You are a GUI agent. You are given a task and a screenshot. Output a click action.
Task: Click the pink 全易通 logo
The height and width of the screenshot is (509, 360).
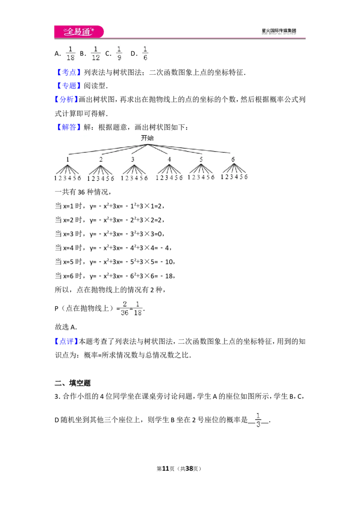click(79, 31)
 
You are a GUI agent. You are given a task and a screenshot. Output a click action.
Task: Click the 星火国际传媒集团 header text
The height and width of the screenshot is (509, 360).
click(279, 31)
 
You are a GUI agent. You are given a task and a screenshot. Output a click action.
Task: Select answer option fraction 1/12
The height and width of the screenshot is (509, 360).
click(95, 53)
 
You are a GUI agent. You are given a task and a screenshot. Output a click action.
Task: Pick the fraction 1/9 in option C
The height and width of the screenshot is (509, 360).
click(119, 53)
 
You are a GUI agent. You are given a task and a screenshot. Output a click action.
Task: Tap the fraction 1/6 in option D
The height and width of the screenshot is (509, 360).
click(145, 53)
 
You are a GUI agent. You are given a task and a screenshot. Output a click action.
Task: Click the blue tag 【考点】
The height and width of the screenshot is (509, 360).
click(68, 72)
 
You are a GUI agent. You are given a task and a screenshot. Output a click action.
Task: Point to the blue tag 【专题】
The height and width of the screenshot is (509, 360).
click(68, 86)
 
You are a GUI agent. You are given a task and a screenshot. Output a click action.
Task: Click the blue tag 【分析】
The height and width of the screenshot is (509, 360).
click(66, 99)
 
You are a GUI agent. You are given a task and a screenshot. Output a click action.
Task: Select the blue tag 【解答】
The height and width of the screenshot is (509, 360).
click(68, 127)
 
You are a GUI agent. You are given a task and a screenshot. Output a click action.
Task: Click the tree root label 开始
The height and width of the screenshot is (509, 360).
click(147, 138)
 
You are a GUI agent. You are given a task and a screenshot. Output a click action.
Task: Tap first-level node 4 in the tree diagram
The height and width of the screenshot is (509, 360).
click(169, 159)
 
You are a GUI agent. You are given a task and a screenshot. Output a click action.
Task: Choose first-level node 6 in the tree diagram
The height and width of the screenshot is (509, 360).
click(233, 159)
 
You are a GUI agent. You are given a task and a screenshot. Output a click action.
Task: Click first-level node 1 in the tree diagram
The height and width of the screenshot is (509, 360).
click(67, 159)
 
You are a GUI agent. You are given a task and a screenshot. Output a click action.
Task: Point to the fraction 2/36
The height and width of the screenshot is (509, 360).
click(125, 308)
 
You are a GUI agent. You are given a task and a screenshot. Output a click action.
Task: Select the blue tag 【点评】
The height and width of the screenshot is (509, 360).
click(66, 341)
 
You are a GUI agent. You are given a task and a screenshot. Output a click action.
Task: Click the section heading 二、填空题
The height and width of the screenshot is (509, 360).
click(72, 383)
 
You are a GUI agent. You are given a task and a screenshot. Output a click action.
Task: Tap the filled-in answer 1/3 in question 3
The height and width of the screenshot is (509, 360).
click(258, 420)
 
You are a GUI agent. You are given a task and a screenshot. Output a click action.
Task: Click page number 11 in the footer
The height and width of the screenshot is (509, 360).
click(166, 469)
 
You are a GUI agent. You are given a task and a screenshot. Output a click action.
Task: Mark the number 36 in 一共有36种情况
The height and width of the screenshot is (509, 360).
click(81, 192)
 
